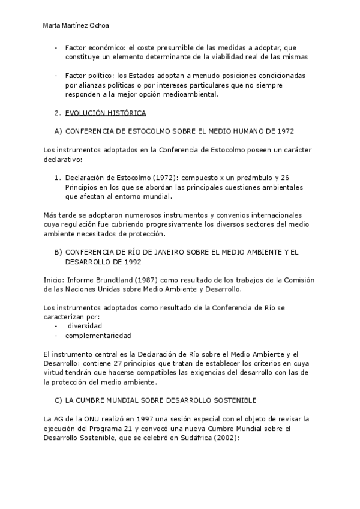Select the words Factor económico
(93, 48)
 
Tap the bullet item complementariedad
(98, 336)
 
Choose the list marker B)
(58, 252)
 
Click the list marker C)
(58, 400)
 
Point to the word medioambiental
(188, 94)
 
